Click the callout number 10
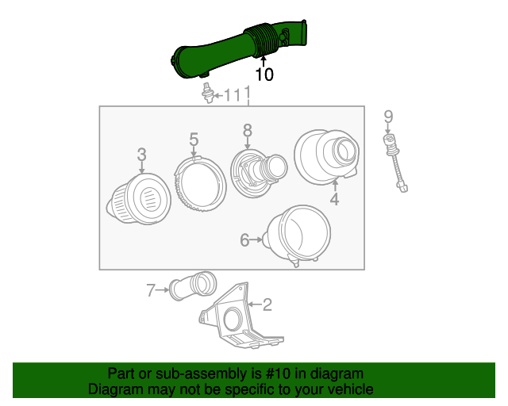click(264, 75)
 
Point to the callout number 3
click(141, 153)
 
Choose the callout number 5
click(194, 140)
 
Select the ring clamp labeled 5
click(199, 182)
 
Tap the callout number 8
click(247, 129)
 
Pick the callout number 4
click(334, 200)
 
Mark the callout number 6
click(244, 239)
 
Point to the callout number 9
click(388, 117)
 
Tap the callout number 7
click(151, 291)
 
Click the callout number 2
click(267, 304)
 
